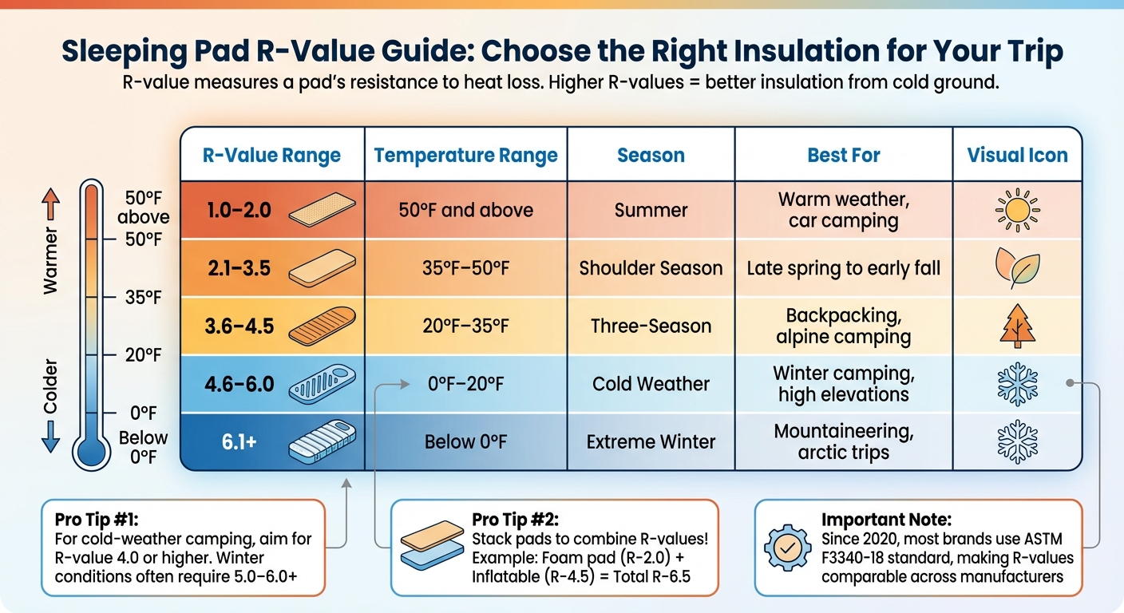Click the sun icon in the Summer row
(x=1016, y=210)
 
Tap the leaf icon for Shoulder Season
(x=1016, y=269)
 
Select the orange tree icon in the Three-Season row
(x=1016, y=326)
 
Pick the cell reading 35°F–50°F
(x=465, y=268)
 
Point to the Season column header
(x=651, y=155)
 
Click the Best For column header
(x=843, y=155)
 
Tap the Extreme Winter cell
(x=651, y=441)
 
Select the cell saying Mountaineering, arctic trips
(x=843, y=441)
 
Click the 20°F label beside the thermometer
(x=144, y=355)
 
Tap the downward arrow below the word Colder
(x=50, y=437)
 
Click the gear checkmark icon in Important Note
(x=787, y=547)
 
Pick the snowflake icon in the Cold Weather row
(x=1016, y=385)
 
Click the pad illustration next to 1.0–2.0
(x=317, y=210)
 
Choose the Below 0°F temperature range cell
(x=465, y=441)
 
